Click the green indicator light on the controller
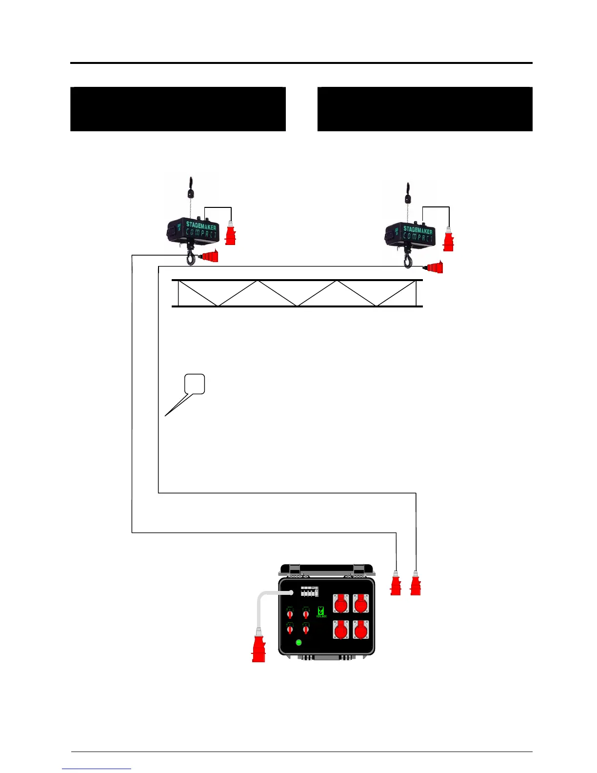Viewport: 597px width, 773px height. tap(299, 642)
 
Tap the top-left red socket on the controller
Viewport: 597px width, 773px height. tap(341, 604)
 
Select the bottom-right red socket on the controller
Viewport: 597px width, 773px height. tap(360, 630)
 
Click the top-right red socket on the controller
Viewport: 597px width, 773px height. tap(360, 604)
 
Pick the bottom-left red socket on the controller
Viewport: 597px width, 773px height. tap(341, 630)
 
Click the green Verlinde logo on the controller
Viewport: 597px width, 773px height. tap(321, 611)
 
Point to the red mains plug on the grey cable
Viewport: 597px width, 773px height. tap(259, 646)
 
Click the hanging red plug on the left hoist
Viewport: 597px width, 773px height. tap(230, 233)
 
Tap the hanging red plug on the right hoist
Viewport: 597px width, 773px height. tap(448, 240)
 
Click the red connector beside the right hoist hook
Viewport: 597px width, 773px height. tap(434, 267)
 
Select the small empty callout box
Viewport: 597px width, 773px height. tap(195, 384)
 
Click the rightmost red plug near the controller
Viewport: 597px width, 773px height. tap(415, 584)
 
